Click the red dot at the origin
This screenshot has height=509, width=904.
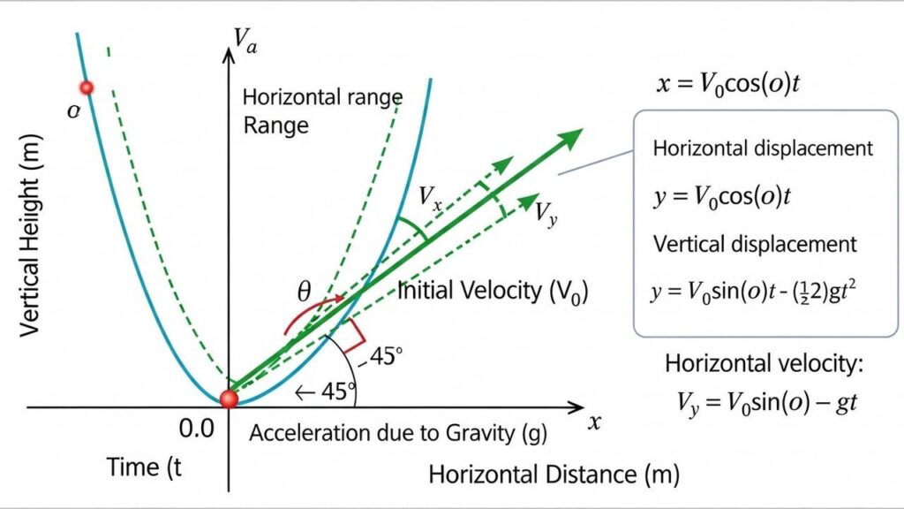point(229,399)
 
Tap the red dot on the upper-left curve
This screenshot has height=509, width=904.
point(87,87)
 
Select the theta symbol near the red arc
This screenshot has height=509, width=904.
point(305,292)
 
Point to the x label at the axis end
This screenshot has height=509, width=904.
point(594,422)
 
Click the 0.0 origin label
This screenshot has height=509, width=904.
point(196,429)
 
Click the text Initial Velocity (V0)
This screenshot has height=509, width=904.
point(493,292)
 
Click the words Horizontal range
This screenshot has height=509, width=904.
point(322,96)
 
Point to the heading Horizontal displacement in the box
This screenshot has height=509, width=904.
point(763,148)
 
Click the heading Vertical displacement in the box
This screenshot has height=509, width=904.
point(754,244)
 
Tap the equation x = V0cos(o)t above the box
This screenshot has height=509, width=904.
point(729,86)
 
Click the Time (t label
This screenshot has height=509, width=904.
point(143,467)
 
